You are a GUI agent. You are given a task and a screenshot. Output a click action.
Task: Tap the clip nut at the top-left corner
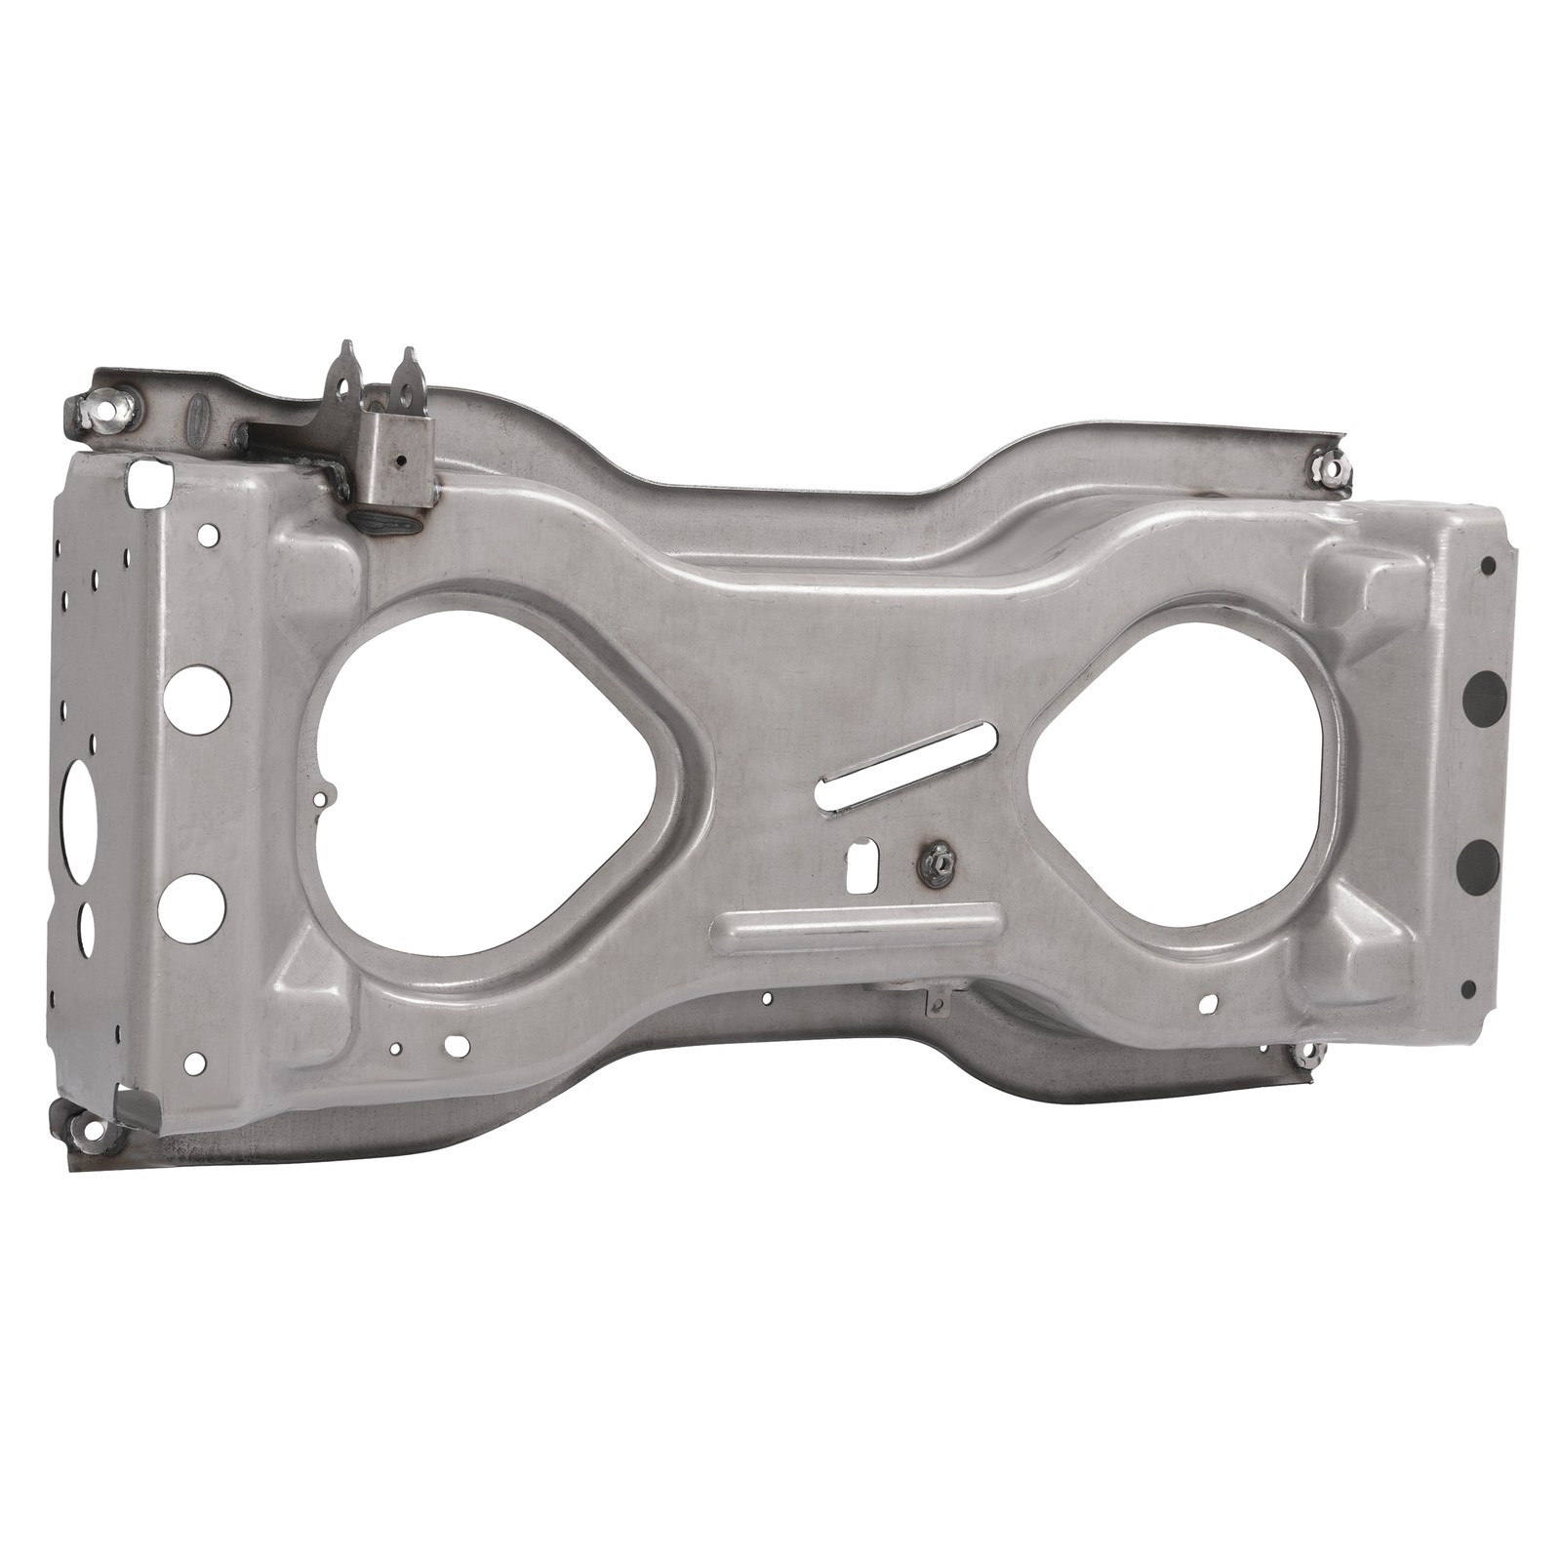105,410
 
